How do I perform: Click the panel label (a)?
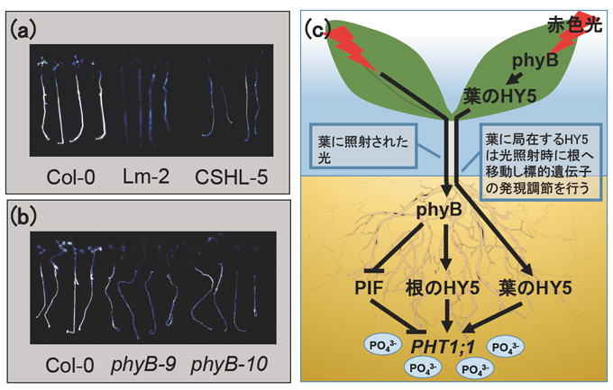[x=23, y=30]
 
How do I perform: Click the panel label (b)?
[x=23, y=217]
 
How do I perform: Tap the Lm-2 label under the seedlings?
[x=146, y=177]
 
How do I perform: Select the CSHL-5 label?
[x=232, y=177]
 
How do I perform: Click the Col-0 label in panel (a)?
[x=70, y=177]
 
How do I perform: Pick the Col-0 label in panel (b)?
[x=69, y=366]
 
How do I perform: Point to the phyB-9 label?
[x=143, y=366]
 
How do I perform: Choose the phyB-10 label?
[x=230, y=366]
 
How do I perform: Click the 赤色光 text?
[x=575, y=25]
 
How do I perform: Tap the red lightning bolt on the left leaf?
[x=350, y=48]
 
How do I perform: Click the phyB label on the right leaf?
[x=535, y=60]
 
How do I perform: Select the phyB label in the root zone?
[x=439, y=210]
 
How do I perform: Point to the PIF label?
[x=369, y=288]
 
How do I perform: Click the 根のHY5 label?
[x=442, y=288]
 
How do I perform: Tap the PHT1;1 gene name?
[x=443, y=347]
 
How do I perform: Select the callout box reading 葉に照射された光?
[x=362, y=147]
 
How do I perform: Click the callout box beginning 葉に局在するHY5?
[x=541, y=163]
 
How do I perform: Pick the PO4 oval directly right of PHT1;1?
[x=506, y=347]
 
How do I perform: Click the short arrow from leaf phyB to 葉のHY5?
[x=514, y=77]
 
